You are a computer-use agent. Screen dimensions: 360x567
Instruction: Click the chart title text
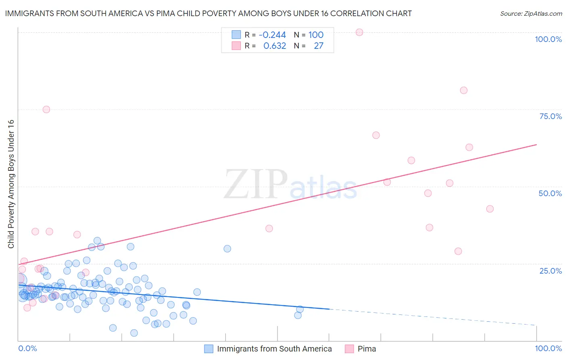coord(208,13)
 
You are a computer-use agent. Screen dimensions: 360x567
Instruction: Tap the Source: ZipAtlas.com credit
coord(531,13)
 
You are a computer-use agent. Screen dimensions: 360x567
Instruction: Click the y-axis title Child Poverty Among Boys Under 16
coord(11,184)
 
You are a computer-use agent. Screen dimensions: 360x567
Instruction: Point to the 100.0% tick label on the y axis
coord(548,39)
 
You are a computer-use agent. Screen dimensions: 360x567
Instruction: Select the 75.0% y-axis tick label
coord(550,116)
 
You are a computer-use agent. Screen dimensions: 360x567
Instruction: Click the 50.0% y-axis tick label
coord(550,193)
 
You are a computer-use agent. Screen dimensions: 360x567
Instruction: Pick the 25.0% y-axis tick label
coord(550,270)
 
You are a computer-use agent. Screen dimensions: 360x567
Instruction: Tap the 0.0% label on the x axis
coord(27,348)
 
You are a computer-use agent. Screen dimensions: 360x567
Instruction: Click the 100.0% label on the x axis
coord(548,348)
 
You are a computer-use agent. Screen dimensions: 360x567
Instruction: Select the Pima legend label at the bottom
coord(367,349)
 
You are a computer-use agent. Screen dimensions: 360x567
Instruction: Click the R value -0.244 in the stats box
coord(272,35)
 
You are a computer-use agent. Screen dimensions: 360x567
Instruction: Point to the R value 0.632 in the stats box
coord(275,46)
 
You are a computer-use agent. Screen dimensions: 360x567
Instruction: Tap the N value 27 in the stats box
coord(319,46)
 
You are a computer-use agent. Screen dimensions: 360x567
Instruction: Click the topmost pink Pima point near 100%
coord(359,32)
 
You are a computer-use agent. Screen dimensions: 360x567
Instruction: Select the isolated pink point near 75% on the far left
coord(46,109)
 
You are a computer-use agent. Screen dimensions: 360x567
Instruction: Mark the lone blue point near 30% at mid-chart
coord(227,249)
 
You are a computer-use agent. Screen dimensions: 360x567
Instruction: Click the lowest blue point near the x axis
coord(134,333)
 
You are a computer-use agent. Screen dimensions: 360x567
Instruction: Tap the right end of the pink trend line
coord(536,144)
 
